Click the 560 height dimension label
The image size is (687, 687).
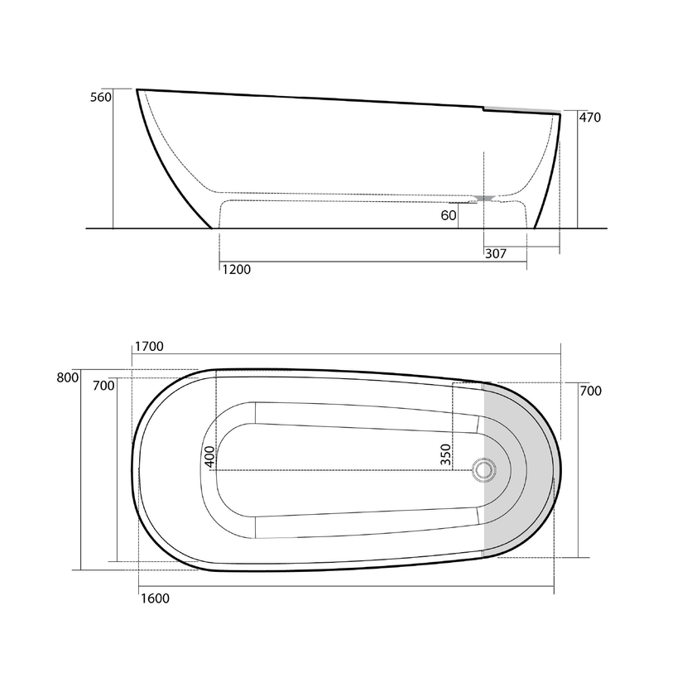101,98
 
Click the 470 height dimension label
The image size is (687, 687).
589,118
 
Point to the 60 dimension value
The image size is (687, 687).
449,215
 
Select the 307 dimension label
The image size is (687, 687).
496,253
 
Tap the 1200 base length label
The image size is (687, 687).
236,270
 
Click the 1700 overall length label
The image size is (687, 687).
149,347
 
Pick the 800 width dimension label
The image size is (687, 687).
68,377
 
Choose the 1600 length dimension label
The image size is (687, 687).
155,598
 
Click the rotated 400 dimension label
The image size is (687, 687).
210,457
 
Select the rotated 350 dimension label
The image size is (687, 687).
445,454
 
